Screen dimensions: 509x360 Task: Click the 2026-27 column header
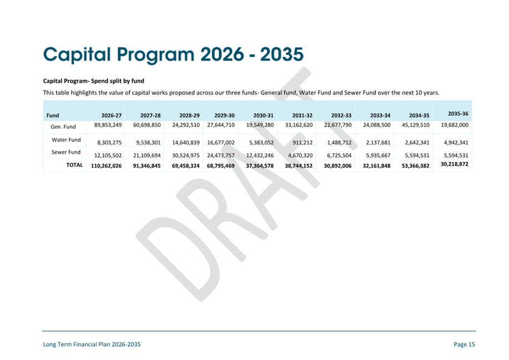tap(111, 115)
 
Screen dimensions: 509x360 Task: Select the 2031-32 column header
tap(302, 115)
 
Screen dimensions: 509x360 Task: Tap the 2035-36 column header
tap(458, 114)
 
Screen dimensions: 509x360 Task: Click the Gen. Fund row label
tap(63, 126)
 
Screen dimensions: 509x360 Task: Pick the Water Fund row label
tap(66, 140)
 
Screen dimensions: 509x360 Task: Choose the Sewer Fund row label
tap(66, 152)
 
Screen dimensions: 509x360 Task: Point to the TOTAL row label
tap(74, 165)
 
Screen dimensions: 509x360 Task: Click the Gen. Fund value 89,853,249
tap(108, 125)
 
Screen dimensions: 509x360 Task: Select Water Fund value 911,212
tap(303, 143)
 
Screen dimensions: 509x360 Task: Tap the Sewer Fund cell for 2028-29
tap(186, 155)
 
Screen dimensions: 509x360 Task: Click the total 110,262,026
tap(106, 166)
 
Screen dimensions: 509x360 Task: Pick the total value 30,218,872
tap(454, 164)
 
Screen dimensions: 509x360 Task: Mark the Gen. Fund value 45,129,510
tap(415, 125)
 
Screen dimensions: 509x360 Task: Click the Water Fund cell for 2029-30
tap(221, 143)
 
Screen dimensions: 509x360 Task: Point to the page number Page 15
tap(464, 344)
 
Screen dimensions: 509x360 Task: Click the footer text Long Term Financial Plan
tap(77, 344)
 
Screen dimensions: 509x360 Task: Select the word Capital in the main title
tap(77, 54)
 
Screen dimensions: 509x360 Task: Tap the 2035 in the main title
tap(282, 54)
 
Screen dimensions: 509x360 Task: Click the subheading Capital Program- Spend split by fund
tap(94, 81)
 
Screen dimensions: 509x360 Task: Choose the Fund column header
tap(53, 115)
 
